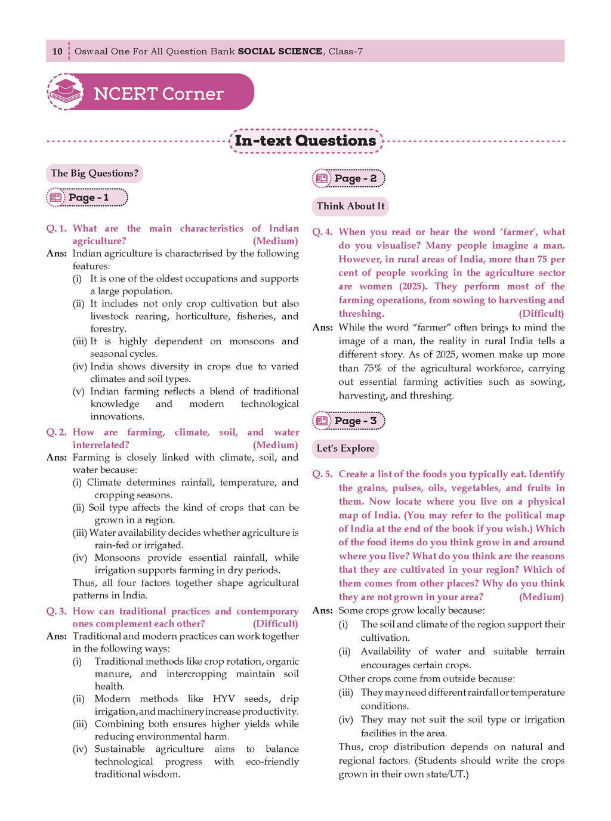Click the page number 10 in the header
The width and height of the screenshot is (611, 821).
pos(57,51)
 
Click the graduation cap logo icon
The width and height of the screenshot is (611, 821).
pos(66,91)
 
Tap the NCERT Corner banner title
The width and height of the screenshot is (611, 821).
pos(158,94)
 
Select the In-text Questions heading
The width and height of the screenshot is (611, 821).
pos(305,141)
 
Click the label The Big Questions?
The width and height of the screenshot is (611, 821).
pos(94,174)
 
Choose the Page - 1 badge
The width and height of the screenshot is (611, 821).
pos(87,197)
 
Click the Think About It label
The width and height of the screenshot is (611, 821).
pos(350,206)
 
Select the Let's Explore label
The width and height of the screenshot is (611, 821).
pos(345,449)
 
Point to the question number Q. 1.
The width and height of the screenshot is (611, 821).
pos(56,229)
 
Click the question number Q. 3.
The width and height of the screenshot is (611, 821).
pos(56,612)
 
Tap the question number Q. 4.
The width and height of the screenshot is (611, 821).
pos(322,232)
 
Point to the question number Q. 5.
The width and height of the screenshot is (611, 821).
pos(322,474)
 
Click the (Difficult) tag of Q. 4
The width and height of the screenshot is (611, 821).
pos(541,314)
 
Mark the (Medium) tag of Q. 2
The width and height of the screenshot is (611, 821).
pos(275,445)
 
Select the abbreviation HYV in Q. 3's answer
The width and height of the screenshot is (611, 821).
pos(224,699)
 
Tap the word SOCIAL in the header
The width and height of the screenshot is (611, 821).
pos(259,51)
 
